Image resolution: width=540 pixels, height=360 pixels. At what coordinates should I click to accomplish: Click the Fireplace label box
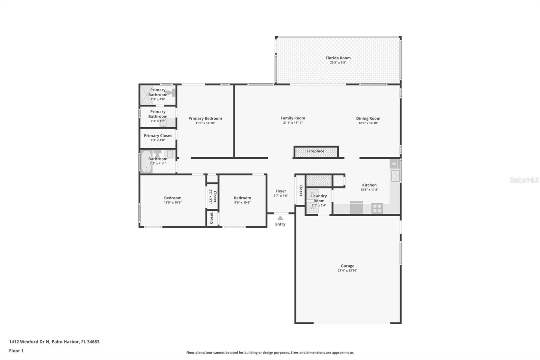coord(316,151)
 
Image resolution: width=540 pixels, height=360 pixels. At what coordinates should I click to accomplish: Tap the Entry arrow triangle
coord(280,218)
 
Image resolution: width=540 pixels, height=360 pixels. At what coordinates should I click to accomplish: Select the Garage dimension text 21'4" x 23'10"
coord(347,271)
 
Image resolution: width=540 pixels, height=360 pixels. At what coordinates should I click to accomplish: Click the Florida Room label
coord(338,58)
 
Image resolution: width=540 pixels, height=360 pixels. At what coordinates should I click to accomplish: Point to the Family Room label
coord(293,118)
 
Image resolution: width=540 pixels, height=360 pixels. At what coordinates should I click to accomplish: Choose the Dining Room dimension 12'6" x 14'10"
coord(368,123)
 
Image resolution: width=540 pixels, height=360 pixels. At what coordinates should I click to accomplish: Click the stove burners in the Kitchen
coord(377,208)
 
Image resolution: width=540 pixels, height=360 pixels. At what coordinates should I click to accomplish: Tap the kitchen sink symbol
coord(395,175)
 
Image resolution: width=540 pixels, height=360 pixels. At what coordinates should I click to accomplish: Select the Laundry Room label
coord(319,198)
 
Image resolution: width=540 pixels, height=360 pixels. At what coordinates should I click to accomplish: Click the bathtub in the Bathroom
coord(146,162)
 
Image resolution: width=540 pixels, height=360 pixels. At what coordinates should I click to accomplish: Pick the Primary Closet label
coord(158,136)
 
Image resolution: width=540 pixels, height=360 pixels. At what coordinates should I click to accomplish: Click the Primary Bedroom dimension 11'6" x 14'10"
coord(205,123)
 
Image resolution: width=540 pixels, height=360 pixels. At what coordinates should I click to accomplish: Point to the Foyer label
coord(280,191)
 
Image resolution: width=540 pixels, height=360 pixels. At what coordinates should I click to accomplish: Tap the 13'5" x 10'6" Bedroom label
coord(172,198)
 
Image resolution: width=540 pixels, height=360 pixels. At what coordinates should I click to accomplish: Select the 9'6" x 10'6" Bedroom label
coord(242,198)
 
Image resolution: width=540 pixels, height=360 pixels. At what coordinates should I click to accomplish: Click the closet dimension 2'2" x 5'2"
coord(210,196)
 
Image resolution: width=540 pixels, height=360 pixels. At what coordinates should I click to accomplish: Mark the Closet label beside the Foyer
coord(300,190)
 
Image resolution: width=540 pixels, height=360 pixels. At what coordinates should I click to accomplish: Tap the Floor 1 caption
coord(16,351)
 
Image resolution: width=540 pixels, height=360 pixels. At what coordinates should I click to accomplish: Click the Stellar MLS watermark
coord(524,180)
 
